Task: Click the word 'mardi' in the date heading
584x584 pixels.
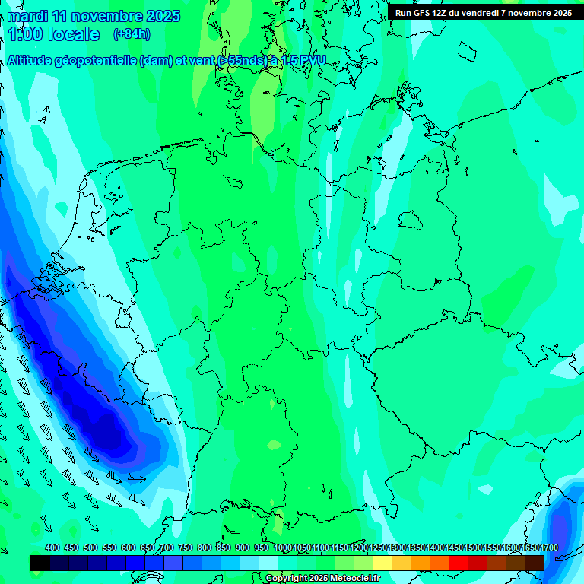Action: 27,16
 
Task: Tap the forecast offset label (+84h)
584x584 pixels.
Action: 132,33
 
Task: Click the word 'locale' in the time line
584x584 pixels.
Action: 74,34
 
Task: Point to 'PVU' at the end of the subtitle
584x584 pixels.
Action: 311,61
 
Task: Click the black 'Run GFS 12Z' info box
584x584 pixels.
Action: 484,12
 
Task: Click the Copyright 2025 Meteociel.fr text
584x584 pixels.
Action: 322,579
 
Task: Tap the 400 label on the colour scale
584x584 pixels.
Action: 52,547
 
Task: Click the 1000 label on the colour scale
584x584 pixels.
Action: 283,547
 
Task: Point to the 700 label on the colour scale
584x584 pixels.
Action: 167,547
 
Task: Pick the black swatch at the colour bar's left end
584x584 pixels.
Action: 40,563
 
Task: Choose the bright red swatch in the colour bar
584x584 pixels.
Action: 459,563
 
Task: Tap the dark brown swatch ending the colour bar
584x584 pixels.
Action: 535,563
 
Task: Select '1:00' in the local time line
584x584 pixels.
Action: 26,34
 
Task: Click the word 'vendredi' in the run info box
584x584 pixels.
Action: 478,12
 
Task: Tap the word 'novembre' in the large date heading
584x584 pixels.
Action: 101,16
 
